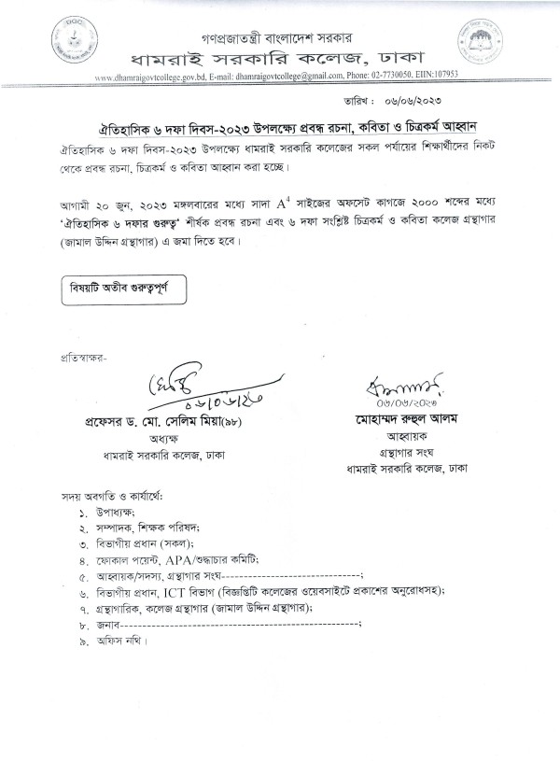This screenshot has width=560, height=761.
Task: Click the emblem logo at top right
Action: pos(478,43)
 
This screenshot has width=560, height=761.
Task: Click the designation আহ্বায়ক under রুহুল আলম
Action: pos(404,435)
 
